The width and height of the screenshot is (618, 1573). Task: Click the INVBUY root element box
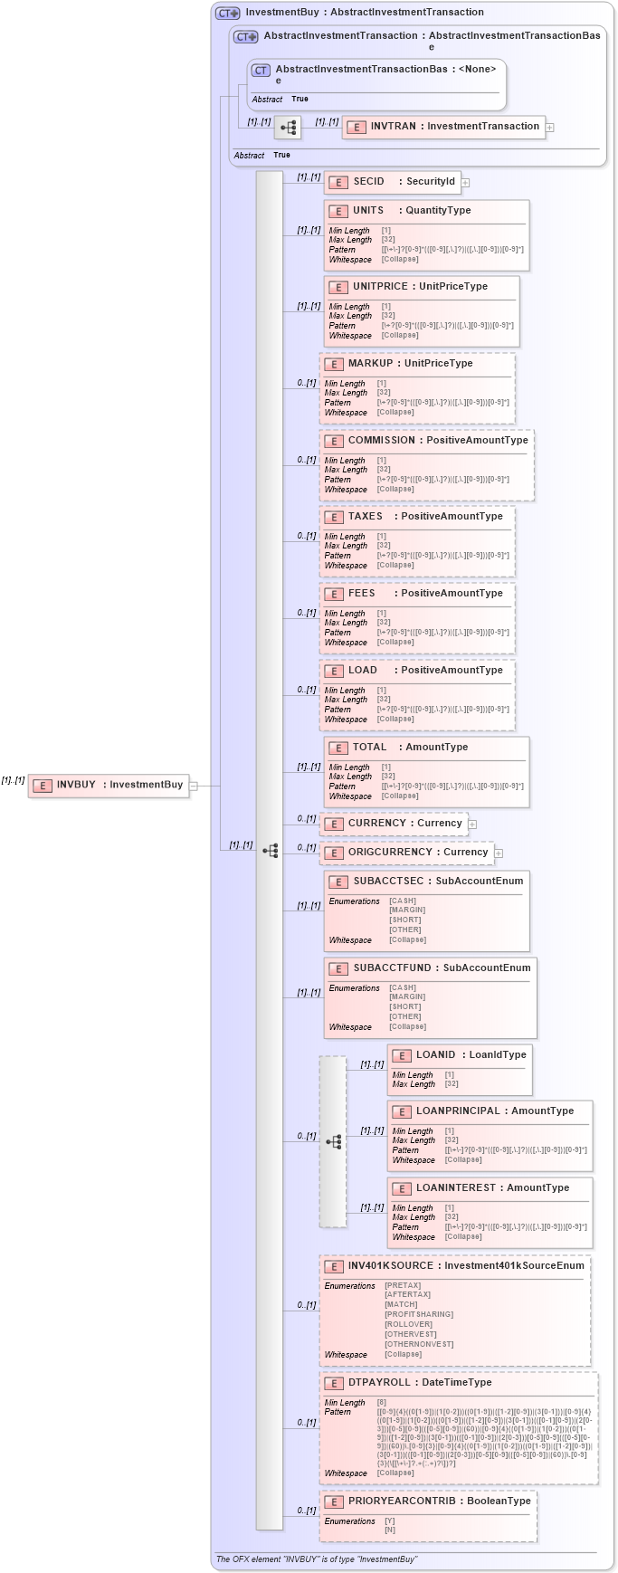[108, 786]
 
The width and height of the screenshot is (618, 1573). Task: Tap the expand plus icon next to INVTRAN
[549, 128]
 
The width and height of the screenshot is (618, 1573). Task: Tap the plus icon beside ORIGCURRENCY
[499, 853]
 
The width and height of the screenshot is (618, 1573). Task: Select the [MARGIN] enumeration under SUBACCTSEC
[407, 910]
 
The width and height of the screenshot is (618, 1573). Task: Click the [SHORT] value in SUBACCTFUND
[405, 1007]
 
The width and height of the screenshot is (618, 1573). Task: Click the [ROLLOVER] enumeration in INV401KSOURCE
[408, 1324]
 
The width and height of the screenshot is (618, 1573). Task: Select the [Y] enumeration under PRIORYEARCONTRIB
[390, 1521]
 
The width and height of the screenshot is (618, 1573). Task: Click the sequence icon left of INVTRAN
[288, 128]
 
